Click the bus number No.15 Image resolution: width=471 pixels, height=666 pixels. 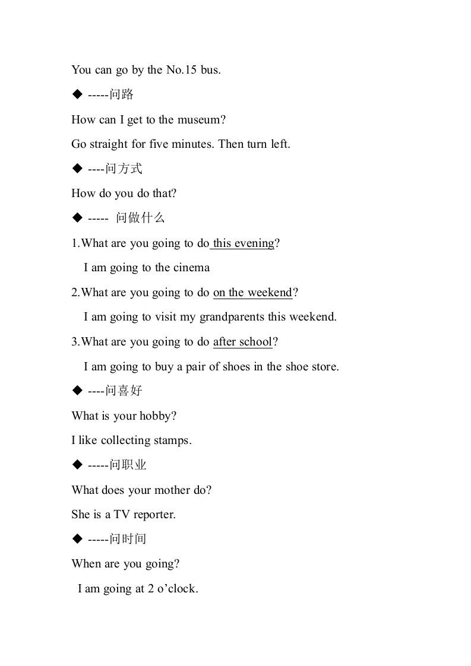[x=181, y=70]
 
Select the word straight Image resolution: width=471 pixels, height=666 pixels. [x=108, y=144]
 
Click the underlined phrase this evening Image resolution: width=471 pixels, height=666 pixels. [x=244, y=243]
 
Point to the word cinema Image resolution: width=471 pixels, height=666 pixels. [x=191, y=268]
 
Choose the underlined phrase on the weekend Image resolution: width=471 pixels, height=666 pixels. [x=252, y=293]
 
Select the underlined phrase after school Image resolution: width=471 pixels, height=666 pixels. [x=242, y=342]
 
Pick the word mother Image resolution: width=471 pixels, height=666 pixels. [x=176, y=490]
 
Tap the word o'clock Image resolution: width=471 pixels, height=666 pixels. [x=176, y=589]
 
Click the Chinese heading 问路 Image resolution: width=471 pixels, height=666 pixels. [x=122, y=94]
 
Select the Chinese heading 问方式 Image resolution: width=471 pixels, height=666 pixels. [x=124, y=169]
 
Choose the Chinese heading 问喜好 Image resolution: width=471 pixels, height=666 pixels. [x=124, y=391]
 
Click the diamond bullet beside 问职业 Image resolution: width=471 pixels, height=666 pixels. [x=77, y=465]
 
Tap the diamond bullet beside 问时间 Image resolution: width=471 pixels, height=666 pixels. [x=77, y=539]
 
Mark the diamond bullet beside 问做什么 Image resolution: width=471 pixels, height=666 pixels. [x=77, y=218]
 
